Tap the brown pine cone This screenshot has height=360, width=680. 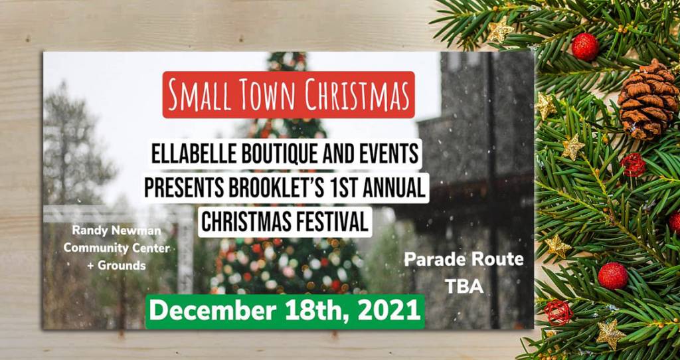pyautogui.click(x=647, y=99)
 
